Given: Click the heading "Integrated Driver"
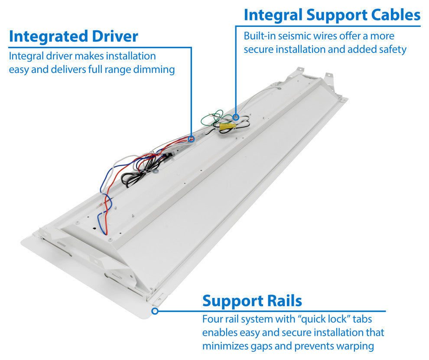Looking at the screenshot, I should coord(73,36).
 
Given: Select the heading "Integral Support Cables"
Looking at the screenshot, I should coord(332,15).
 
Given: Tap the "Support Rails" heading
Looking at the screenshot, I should coord(252,301).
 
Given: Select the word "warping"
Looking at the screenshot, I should coord(353,346).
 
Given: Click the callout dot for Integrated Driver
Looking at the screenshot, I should coord(191,139).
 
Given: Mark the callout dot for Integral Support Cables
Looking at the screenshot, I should coord(236,117).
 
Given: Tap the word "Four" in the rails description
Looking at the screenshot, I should coord(212,320).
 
